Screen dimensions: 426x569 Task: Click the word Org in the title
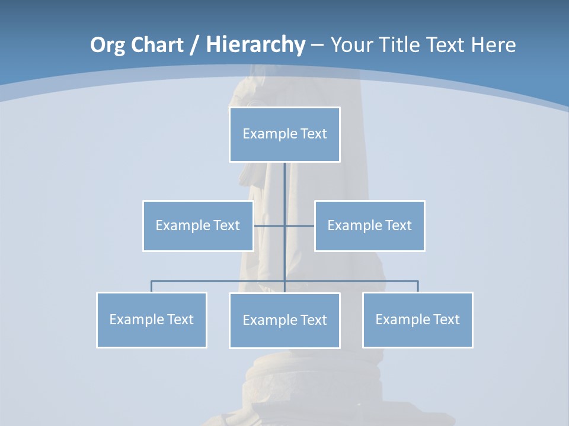[108, 45]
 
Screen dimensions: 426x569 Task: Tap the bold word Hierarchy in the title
[255, 45]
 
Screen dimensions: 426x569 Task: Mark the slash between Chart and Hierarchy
[193, 45]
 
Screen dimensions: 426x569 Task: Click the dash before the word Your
[317, 45]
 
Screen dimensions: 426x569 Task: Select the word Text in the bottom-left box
[180, 319]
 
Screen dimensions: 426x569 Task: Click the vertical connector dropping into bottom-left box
[152, 286]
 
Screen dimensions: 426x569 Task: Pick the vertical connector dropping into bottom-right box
[418, 286]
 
